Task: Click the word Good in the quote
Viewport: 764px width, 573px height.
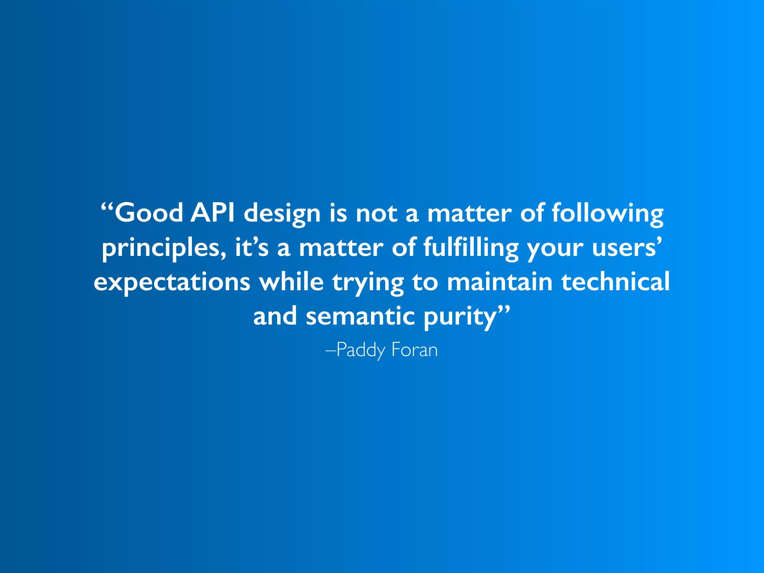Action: point(149,213)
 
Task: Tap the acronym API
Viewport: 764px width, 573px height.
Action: point(213,213)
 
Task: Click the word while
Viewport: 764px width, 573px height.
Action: point(291,282)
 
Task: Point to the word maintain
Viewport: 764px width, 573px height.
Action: point(500,282)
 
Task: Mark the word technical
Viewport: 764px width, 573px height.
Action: point(616,282)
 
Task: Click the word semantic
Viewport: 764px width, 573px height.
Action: point(360,316)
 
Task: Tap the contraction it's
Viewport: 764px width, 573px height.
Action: point(251,248)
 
